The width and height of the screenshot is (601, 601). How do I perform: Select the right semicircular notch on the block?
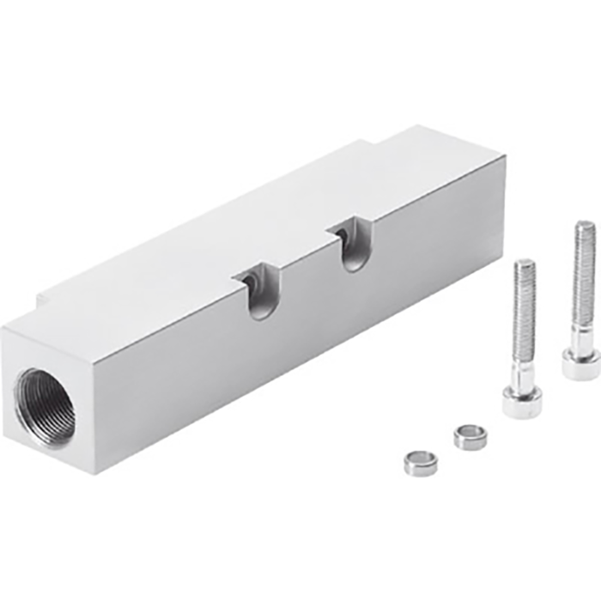(x=352, y=244)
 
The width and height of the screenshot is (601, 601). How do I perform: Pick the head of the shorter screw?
(x=522, y=400)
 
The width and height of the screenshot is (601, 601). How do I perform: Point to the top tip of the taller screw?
(x=585, y=226)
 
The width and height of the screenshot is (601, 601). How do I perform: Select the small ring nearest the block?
(x=421, y=462)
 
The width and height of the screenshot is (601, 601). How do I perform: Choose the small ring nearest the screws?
(x=470, y=435)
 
